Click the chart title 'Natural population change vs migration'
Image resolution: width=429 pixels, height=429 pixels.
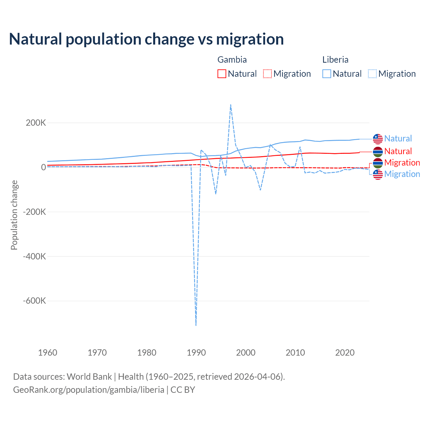coord(146,39)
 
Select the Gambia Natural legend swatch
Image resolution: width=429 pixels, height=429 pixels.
coord(222,74)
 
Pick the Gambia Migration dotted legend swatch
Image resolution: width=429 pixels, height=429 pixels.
coord(267,74)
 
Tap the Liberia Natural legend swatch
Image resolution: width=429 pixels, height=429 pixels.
coord(327,74)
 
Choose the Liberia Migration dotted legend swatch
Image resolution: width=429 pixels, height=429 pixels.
coord(372,74)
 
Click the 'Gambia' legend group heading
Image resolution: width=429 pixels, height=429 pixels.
coord(232,60)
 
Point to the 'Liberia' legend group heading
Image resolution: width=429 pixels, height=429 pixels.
coord(335,60)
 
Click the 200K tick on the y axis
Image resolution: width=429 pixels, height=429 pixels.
coord(36,123)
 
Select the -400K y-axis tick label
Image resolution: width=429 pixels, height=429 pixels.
coord(34,256)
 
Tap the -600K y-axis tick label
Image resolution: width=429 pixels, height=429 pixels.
coord(34,301)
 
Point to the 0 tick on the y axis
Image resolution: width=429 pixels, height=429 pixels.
coord(43,167)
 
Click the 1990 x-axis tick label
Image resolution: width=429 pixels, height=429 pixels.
coord(196,353)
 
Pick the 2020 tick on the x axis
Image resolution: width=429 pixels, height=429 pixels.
coord(345,353)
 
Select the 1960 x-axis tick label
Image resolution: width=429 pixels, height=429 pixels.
coord(48,353)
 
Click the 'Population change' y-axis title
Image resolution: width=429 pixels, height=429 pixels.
coord(14,215)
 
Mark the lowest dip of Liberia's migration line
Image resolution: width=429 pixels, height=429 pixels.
coord(196,325)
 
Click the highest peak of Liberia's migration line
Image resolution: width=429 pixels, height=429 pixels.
coord(231,105)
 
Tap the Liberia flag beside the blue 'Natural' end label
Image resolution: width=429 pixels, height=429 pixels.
coord(378,138)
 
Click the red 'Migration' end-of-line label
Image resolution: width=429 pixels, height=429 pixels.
coord(402,163)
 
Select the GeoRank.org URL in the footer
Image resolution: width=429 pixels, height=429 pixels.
coord(88,390)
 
